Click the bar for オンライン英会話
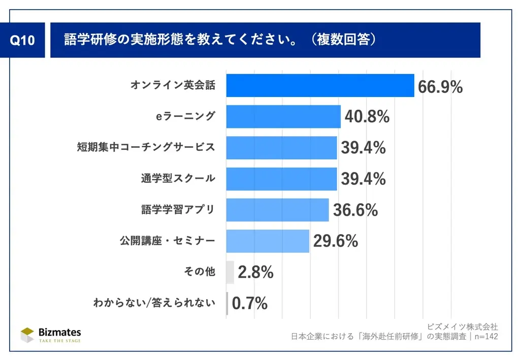click(320, 85)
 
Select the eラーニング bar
click(283, 116)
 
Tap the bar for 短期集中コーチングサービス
click(281, 148)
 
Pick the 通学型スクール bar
click(281, 179)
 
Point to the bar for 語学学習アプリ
click(277, 210)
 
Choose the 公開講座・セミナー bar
click(268, 241)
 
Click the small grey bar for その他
click(230, 272)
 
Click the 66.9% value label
click(440, 87)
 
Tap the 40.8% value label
click(367, 117)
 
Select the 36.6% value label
click(355, 210)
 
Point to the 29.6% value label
click(336, 241)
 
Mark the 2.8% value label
click(255, 273)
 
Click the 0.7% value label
click(250, 304)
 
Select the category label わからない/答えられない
click(154, 304)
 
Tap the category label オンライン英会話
click(173, 85)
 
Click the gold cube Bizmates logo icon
click(27, 335)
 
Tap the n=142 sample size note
click(485, 336)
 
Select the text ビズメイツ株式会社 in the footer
click(463, 326)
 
